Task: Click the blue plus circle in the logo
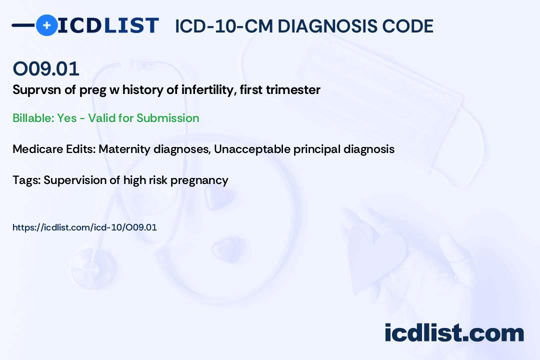point(46,25)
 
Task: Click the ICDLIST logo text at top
point(108,25)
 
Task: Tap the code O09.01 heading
point(46,69)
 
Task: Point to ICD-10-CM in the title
point(223,26)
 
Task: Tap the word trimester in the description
point(295,90)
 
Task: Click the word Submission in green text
point(167,118)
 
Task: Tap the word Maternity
point(123,149)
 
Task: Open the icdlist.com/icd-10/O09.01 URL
point(84,227)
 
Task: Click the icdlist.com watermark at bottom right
point(454,332)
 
